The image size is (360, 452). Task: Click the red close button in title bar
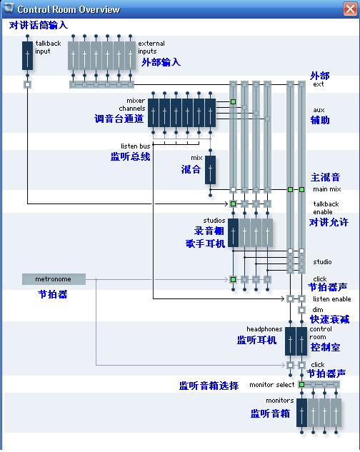pyautogui.click(x=350, y=9)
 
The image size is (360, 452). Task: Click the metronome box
pyautogui.click(x=54, y=279)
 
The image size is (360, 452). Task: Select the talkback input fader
pyautogui.click(x=27, y=56)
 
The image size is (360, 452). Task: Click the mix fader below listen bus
pyautogui.click(x=210, y=170)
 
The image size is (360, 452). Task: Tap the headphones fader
pyautogui.click(x=290, y=341)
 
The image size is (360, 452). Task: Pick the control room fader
pyautogui.click(x=301, y=341)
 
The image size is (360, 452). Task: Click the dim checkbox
pyautogui.click(x=301, y=310)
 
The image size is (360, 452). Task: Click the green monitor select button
pyautogui.click(x=301, y=384)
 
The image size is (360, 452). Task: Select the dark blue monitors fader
pyautogui.click(x=301, y=413)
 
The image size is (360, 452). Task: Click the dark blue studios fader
pyautogui.click(x=233, y=233)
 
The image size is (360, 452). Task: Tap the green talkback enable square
pyautogui.click(x=233, y=204)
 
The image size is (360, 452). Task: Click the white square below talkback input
pyautogui.click(x=27, y=84)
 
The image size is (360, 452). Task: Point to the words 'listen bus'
pyautogui.click(x=135, y=146)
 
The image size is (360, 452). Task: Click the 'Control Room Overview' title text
pyautogui.click(x=69, y=9)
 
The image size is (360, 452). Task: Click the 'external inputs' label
pyautogui.click(x=151, y=47)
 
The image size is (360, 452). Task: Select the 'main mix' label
pyautogui.click(x=327, y=189)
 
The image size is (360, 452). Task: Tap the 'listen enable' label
pyautogui.click(x=332, y=299)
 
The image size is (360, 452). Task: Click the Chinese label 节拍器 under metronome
pyautogui.click(x=53, y=294)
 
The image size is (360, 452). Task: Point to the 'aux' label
pyautogui.click(x=319, y=110)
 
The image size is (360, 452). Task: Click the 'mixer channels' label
pyautogui.click(x=132, y=104)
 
